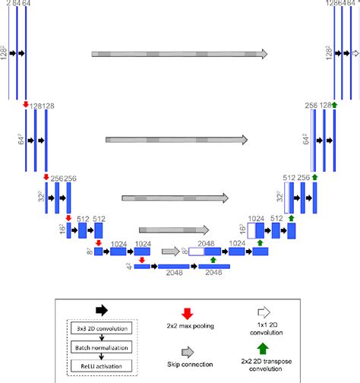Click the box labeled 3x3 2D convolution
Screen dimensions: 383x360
click(x=102, y=328)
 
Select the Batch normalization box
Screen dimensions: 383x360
click(x=102, y=347)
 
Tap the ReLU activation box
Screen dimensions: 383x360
click(x=102, y=364)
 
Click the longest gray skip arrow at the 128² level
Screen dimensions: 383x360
click(x=179, y=54)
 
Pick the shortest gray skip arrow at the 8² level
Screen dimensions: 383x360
click(x=170, y=249)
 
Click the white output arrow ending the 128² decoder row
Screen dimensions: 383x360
click(x=353, y=54)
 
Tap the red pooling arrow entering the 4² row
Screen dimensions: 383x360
click(x=142, y=259)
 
